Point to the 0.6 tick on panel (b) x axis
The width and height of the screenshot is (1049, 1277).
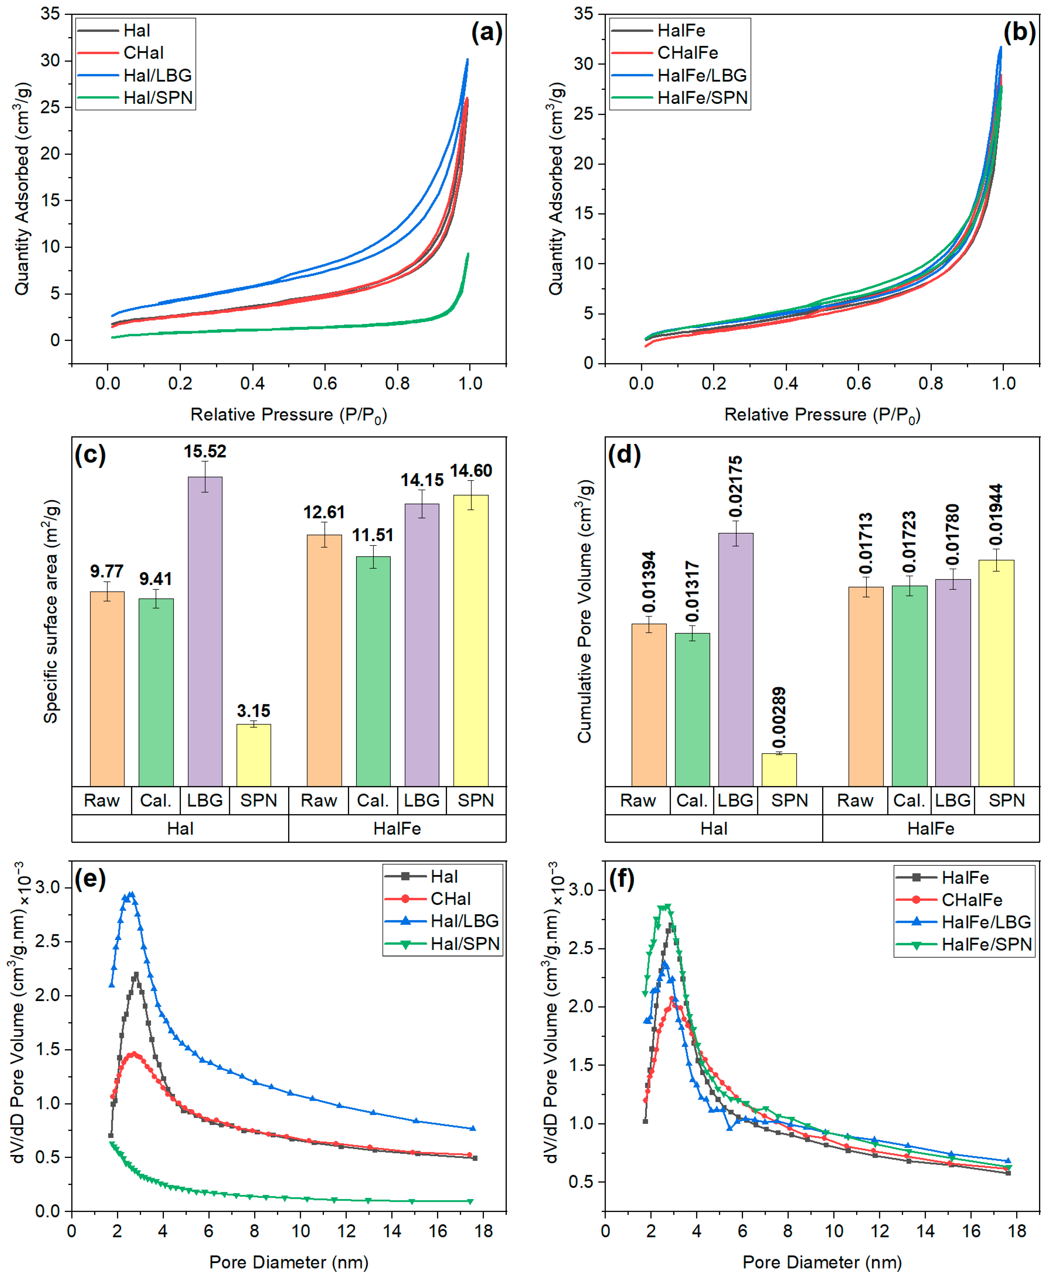(x=858, y=383)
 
